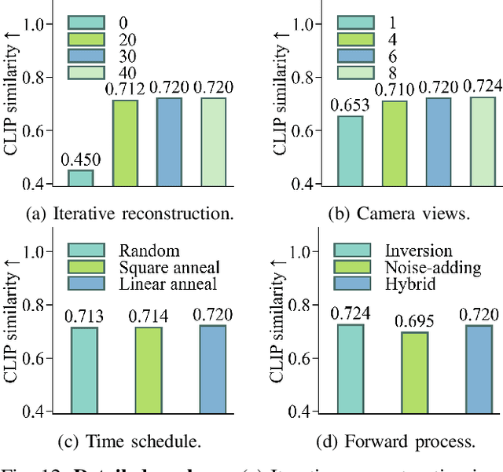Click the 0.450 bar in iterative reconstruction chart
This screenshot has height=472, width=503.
click(80, 178)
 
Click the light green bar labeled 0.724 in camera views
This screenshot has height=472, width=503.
click(483, 141)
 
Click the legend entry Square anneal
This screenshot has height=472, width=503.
click(169, 267)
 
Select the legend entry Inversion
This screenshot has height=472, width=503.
click(418, 251)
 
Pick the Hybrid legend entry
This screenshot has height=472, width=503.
click(408, 283)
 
